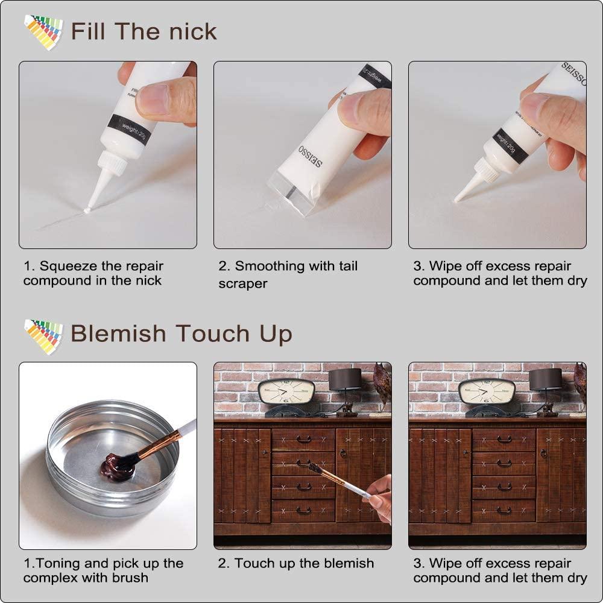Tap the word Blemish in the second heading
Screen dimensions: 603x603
click(x=118, y=333)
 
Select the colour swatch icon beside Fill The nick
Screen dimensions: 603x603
click(x=43, y=32)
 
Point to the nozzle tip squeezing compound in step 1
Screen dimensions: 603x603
click(x=87, y=210)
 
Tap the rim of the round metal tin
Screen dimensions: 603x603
click(x=109, y=416)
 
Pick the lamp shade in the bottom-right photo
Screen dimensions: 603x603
click(x=545, y=379)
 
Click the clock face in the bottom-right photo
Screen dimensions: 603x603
click(x=486, y=391)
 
